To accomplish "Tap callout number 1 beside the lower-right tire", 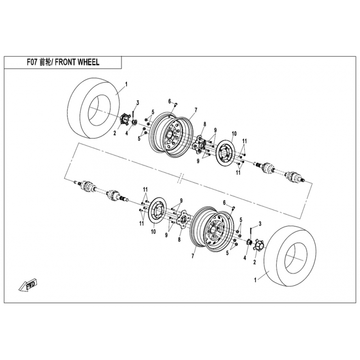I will click(x=255, y=279).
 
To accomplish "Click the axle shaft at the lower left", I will click(x=97, y=189).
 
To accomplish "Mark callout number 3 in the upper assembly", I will click(x=138, y=104).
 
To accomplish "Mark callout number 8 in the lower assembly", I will click(x=179, y=240).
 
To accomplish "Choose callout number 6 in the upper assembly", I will click(x=170, y=101).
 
